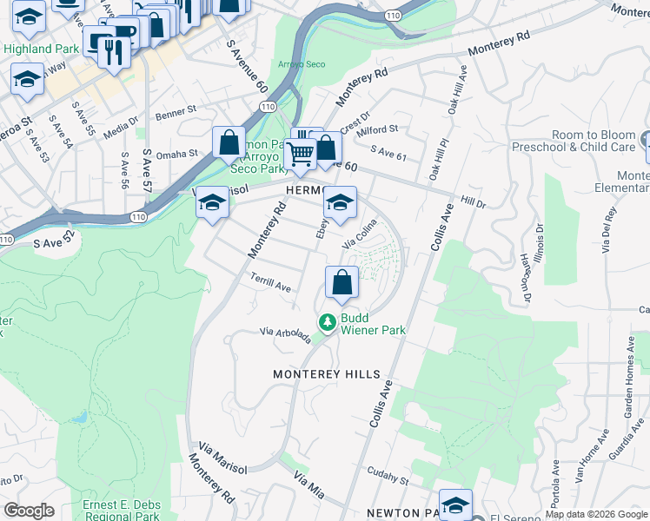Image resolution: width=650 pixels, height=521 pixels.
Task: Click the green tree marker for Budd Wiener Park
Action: point(327,323)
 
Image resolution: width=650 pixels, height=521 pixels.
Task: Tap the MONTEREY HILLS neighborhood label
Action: point(327,374)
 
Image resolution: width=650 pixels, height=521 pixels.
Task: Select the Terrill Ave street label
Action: point(270,286)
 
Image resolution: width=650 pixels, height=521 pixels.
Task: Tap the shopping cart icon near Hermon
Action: point(301,154)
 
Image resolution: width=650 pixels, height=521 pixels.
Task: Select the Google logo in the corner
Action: point(29,511)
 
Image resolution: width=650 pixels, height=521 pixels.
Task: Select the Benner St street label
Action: point(176,114)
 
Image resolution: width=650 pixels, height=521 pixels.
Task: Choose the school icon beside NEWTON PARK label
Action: point(455,505)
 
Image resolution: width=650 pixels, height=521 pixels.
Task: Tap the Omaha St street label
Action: point(177,155)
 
